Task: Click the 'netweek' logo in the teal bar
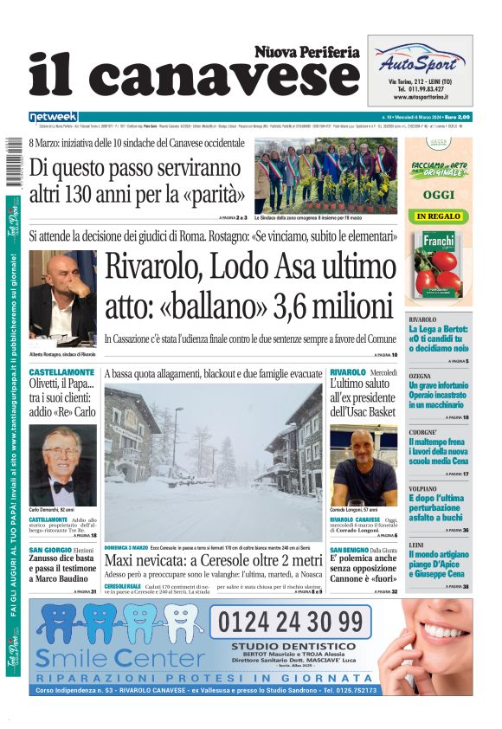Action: [53, 117]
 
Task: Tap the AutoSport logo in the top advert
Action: [420, 63]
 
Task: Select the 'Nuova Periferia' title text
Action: [306, 52]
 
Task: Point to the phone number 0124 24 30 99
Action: [290, 621]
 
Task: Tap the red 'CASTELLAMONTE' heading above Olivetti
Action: [62, 371]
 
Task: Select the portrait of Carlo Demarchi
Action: [63, 464]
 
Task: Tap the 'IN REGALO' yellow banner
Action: [439, 216]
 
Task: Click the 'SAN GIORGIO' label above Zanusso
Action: [50, 550]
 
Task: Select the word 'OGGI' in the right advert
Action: [439, 195]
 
